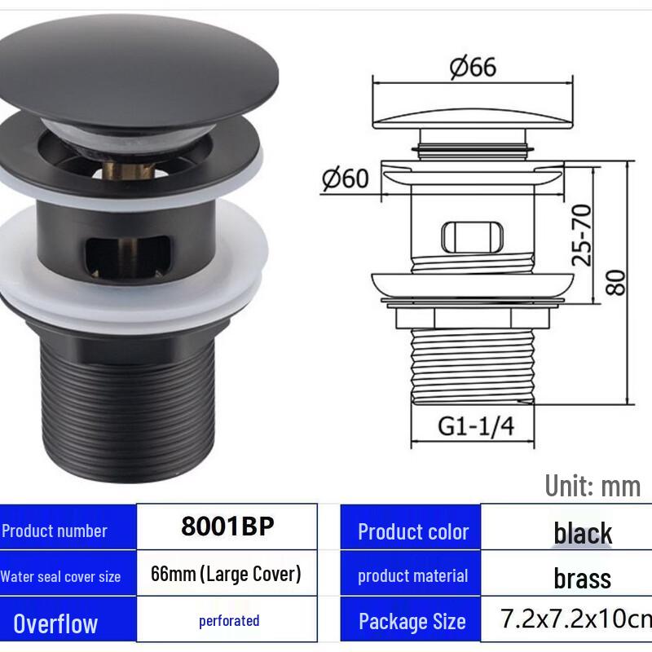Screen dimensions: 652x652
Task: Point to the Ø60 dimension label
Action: pos(346,178)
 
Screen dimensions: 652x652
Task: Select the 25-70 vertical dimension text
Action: pos(582,235)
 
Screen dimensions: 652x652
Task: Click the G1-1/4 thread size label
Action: pos(476,426)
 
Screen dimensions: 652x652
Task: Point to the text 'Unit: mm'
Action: pos(593,486)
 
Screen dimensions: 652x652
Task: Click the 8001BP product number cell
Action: pos(227,526)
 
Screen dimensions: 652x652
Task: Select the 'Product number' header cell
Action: pos(55,531)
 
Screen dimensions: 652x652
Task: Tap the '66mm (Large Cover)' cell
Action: pos(227,574)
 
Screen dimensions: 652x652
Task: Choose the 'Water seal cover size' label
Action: pos(60,577)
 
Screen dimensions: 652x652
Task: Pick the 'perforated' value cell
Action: pos(229,621)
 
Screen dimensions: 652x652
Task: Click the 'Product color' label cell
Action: pos(412,532)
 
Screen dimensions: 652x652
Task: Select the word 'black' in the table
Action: pos(583,534)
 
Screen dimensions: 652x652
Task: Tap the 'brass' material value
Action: pos(582,579)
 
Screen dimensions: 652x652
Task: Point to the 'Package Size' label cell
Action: pos(412,623)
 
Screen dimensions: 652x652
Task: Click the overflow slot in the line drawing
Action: pos(472,237)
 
